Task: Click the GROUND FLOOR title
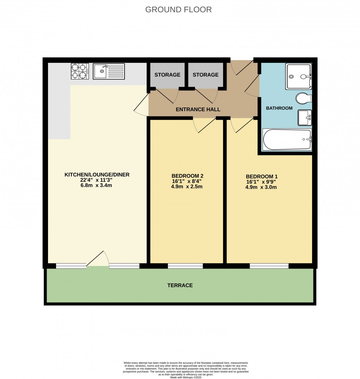179,10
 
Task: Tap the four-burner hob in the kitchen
79,71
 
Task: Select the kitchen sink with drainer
109,71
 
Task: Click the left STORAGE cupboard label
167,75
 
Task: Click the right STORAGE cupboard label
206,75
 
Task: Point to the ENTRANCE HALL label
198,109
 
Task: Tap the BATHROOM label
279,108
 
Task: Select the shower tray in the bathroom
298,76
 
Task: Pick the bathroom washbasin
304,118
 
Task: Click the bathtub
288,139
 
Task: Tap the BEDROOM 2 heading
187,176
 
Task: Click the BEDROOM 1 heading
261,176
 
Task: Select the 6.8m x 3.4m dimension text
96,185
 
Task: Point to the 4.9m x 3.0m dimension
261,187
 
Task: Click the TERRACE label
180,285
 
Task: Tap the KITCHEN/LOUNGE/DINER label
97,174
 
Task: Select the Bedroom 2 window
185,266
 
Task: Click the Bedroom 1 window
269,266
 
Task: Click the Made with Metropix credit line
186,377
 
